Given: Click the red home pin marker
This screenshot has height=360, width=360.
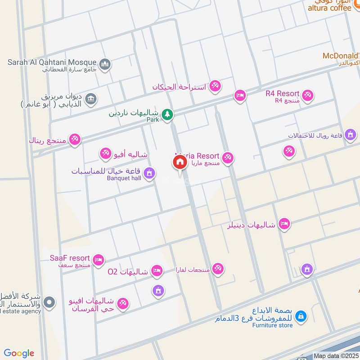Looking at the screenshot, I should (180, 162).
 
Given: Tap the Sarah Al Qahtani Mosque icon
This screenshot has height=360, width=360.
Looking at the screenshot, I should (105, 64).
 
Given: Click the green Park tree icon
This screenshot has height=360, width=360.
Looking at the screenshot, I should (167, 115).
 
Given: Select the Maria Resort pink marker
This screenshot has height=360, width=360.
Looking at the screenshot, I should (228, 157).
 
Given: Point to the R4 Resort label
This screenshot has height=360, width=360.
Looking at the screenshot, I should (282, 94).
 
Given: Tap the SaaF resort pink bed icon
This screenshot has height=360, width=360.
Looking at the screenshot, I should (99, 260).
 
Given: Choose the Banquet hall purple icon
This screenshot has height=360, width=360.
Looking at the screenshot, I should (149, 173).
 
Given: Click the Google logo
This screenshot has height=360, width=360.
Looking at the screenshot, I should (19, 353).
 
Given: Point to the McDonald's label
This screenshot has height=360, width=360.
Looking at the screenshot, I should (341, 56).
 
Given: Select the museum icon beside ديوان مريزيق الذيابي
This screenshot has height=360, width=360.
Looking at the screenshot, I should (90, 98).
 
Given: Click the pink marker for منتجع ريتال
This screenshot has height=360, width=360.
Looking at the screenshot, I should (75, 139).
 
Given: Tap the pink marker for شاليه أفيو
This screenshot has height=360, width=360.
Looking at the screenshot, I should (106, 153).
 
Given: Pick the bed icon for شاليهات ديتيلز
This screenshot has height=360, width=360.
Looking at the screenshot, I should (283, 224).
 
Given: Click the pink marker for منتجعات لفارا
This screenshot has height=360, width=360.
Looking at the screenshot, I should (218, 269).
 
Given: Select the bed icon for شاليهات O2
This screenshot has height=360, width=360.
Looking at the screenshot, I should (157, 270).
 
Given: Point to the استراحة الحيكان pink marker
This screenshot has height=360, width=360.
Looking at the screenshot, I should (215, 85).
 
